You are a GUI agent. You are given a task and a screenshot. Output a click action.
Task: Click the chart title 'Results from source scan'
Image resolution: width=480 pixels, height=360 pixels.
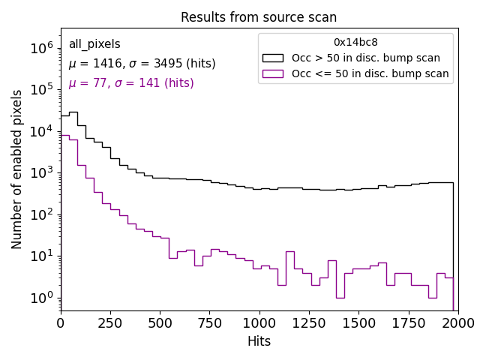coord(259,17)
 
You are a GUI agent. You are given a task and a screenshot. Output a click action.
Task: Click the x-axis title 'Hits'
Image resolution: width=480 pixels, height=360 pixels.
coord(259,342)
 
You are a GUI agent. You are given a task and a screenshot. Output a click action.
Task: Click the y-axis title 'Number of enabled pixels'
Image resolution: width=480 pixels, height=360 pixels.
coord(17,169)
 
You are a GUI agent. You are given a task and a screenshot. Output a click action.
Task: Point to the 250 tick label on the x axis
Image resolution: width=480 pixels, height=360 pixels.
coord(160,322)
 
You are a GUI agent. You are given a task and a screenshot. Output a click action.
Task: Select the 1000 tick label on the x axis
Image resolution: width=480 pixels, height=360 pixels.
coord(259,322)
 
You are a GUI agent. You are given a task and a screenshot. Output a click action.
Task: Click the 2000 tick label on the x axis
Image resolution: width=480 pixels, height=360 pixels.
coord(457,322)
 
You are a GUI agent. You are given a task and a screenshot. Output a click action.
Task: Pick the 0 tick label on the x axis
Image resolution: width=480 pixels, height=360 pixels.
coord(61,322)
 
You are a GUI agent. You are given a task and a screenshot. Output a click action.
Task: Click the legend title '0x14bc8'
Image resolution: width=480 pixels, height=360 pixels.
coord(355,43)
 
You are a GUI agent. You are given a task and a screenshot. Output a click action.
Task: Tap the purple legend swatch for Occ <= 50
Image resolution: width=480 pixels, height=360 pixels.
coord(273,73)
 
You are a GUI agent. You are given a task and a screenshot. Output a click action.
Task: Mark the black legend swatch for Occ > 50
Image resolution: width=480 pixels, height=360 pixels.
coord(273,58)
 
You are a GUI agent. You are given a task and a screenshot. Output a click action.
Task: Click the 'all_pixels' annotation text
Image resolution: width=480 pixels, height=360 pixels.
coord(94,44)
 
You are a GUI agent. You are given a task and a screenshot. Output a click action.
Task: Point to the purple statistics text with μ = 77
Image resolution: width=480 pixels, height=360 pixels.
coord(131,83)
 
